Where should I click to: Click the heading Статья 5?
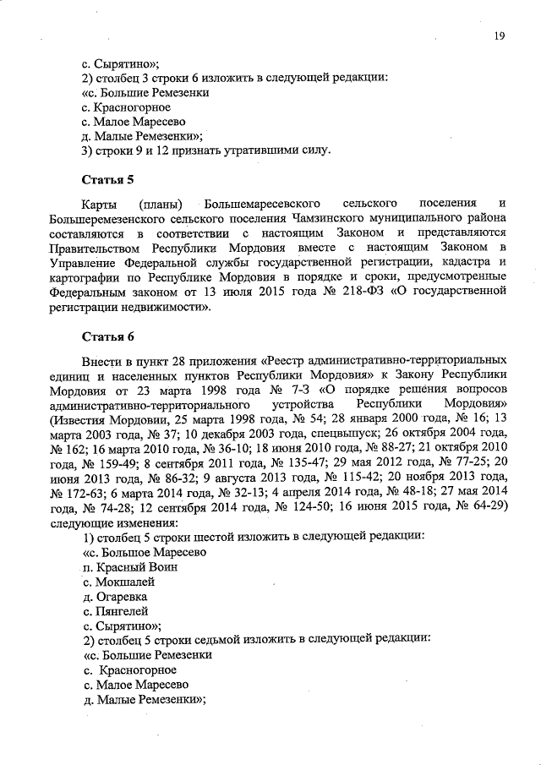(x=107, y=180)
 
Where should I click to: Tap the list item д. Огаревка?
(x=116, y=596)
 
